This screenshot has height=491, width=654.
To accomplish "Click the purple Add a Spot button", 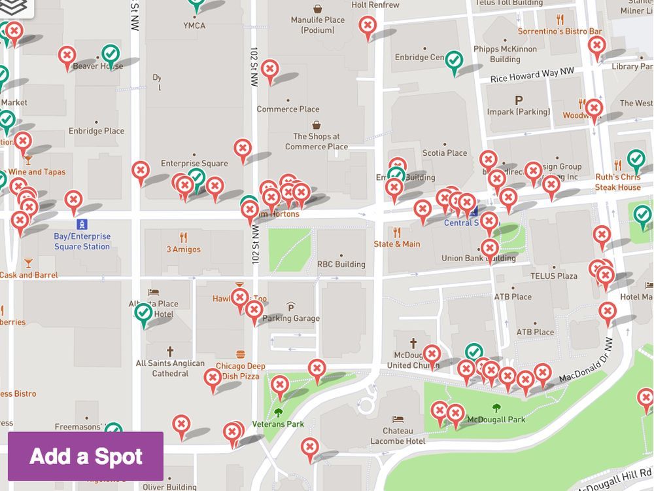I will pos(86,456).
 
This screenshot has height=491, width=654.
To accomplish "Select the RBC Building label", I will pos(341,264).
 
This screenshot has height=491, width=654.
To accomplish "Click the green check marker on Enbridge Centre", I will pos(455,61).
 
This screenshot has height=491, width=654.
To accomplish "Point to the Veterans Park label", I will pos(278,424).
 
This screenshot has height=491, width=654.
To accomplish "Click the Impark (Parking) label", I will pos(519,112).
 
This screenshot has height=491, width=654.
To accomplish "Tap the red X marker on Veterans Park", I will pos(280,385).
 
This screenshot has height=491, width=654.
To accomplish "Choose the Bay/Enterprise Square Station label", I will pos(82,242).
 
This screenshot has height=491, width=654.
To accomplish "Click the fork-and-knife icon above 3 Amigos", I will pos(183,237).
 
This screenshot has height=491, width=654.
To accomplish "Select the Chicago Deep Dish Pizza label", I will pos(240,371).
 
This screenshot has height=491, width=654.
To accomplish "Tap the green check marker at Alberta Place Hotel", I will pos(143,313).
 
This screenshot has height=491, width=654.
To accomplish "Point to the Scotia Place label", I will pos(445,153).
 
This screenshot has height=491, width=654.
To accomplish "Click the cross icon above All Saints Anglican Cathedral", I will pos(170,352).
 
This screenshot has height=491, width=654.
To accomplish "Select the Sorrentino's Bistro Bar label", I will pos(559,31).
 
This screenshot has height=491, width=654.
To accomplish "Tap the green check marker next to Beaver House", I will pos(111,54).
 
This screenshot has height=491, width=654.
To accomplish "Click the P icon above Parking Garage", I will pos(291,307).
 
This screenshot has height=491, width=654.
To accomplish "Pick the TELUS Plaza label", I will pos(553,276).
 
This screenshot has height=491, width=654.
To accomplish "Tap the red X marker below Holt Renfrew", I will pos(368,26).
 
